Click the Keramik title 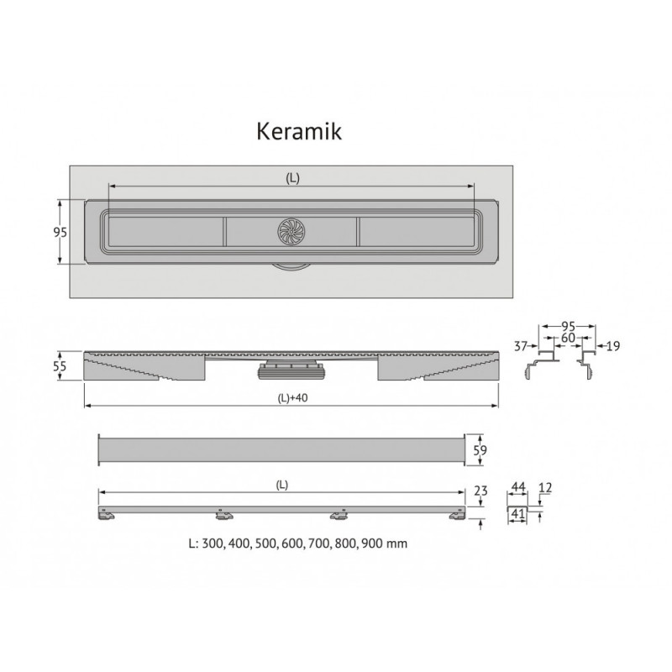tap(299, 131)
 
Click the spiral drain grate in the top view tap(291, 232)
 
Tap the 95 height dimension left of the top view tap(60, 232)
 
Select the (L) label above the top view tap(292, 178)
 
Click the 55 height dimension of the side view tap(60, 366)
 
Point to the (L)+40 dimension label tap(292, 397)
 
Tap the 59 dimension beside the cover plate tap(480, 450)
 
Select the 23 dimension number tap(480, 491)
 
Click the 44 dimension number tap(518, 487)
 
